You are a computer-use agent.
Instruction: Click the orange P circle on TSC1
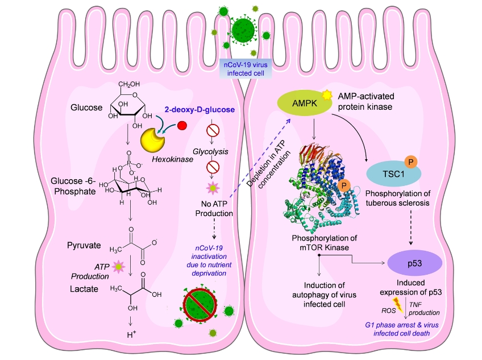coord(408,161)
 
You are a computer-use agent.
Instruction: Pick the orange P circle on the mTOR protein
coord(344,185)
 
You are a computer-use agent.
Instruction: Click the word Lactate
coord(84,289)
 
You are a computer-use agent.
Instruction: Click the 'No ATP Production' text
coord(217,209)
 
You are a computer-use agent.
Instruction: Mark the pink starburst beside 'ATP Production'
coord(118,266)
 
